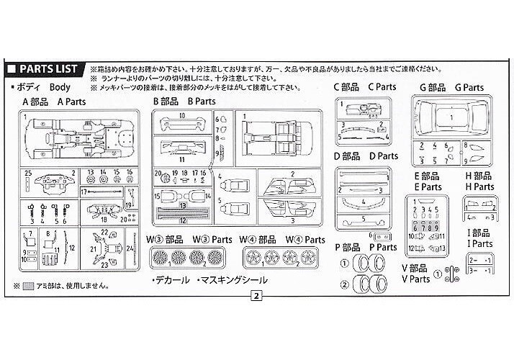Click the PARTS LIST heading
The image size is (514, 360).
(45, 69)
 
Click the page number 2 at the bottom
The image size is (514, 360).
(256, 294)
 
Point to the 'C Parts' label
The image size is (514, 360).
(382, 87)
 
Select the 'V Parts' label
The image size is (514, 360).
(415, 279)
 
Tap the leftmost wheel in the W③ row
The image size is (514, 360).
(159, 256)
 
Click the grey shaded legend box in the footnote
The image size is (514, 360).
(28, 286)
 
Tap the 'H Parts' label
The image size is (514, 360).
(479, 186)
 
